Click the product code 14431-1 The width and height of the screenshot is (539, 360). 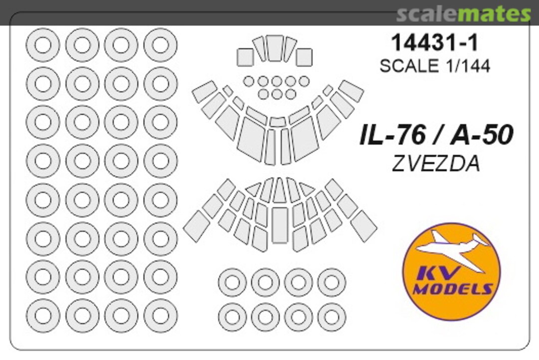pos(435,43)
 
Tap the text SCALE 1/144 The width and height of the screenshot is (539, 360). pos(435,66)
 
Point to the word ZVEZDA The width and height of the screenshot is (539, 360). pos(436,164)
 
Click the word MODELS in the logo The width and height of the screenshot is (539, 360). pos(453,290)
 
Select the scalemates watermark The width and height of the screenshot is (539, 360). pos(464,14)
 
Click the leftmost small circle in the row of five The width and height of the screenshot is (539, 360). pos(249,81)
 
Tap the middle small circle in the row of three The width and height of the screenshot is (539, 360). pos(276,94)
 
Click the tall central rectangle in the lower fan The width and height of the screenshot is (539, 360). pos(279,225)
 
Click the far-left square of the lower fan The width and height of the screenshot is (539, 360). pos(197,226)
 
